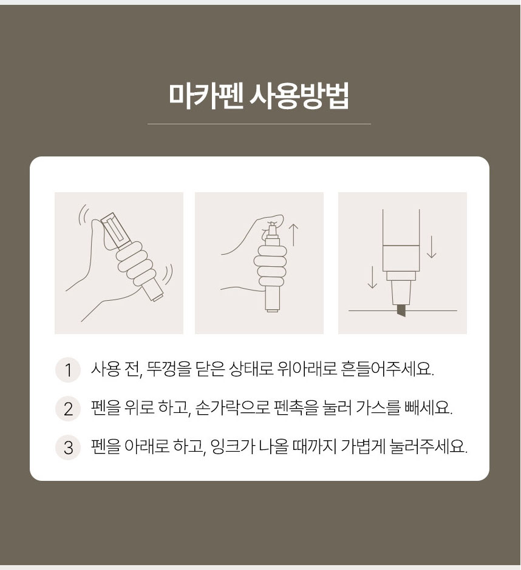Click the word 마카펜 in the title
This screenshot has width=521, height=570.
pos(206,96)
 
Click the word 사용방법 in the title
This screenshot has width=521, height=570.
pos(299,96)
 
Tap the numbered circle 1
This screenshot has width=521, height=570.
pos(68,370)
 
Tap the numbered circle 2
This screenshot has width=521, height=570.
pos(68,409)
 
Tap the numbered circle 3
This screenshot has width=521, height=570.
pos(68,447)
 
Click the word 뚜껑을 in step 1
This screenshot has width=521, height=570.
pos(169,370)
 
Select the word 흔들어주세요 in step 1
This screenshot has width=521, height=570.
pos(387,370)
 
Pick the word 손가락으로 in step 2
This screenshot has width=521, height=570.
pos(233,408)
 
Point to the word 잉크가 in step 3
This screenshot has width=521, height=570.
pos(233,447)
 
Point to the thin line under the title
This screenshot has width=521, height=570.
pos(259,124)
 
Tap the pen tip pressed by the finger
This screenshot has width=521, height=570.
pos(271,229)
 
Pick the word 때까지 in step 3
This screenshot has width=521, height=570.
pos(315,447)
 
